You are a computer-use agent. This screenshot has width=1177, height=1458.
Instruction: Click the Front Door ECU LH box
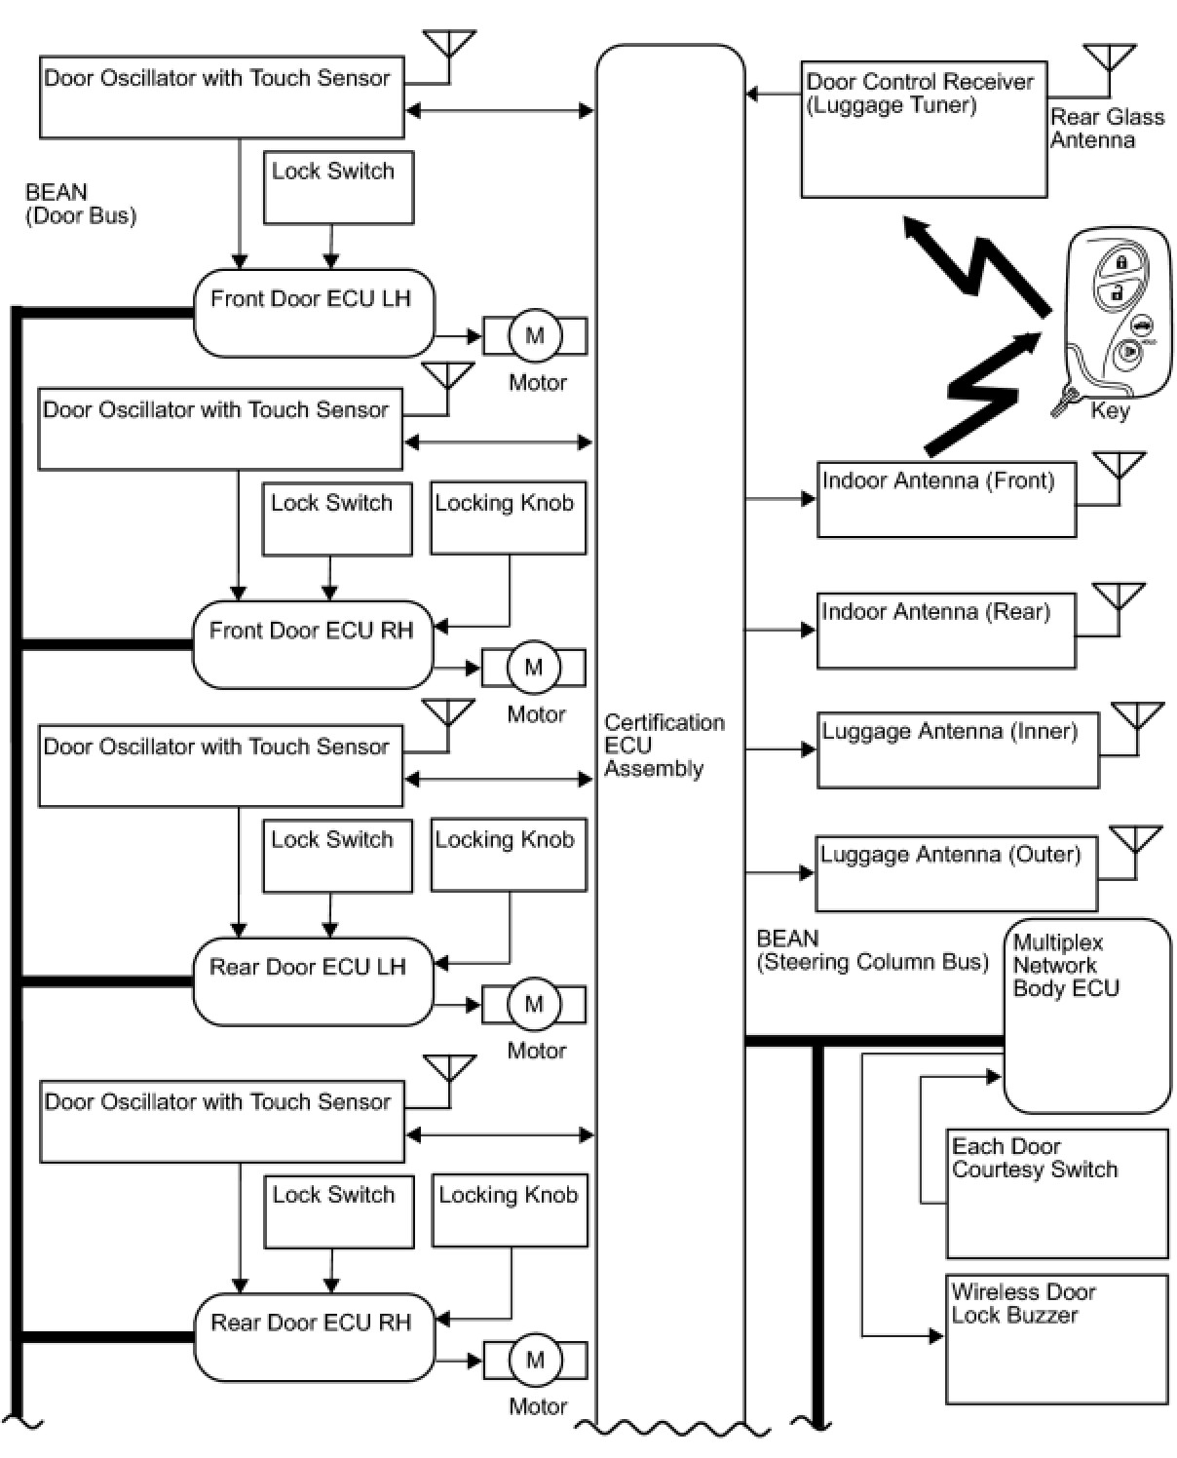pyautogui.click(x=313, y=313)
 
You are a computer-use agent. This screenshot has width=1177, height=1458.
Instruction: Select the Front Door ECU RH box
pyautogui.click(x=312, y=644)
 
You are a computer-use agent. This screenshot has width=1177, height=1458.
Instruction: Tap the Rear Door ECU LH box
pyautogui.click(x=312, y=981)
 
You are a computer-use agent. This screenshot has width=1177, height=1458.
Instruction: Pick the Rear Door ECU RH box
pyautogui.click(x=313, y=1336)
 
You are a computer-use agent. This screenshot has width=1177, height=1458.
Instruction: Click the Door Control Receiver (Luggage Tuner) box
pyautogui.click(x=923, y=130)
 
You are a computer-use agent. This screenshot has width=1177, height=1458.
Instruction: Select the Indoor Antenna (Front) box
pyautogui.click(x=945, y=499)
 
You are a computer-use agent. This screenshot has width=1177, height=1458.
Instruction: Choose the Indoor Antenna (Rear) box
pyautogui.click(x=945, y=631)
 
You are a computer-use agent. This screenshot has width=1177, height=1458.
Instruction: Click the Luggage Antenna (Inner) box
pyautogui.click(x=957, y=749)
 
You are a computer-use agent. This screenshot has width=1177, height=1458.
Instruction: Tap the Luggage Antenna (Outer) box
pyautogui.click(x=955, y=872)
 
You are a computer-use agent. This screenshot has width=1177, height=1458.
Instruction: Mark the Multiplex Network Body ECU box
pyautogui.click(x=1086, y=1014)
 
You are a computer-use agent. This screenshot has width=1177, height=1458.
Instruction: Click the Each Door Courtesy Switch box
pyautogui.click(x=1056, y=1193)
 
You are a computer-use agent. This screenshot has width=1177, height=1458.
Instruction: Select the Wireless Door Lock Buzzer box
pyautogui.click(x=1056, y=1338)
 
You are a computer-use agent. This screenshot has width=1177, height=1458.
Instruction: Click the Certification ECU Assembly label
pyautogui.click(x=664, y=746)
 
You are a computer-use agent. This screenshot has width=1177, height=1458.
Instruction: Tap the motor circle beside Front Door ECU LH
pyautogui.click(x=534, y=336)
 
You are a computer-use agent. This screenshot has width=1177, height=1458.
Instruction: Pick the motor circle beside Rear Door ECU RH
pyautogui.click(x=535, y=1361)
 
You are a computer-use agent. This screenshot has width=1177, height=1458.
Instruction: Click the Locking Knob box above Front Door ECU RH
pyautogui.click(x=508, y=518)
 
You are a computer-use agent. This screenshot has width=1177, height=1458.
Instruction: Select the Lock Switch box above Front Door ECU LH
pyautogui.click(x=338, y=187)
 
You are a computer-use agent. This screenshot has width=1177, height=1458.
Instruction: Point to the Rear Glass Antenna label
pyautogui.click(x=1107, y=129)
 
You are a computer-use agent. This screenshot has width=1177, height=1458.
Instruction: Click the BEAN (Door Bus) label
pyautogui.click(x=80, y=204)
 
